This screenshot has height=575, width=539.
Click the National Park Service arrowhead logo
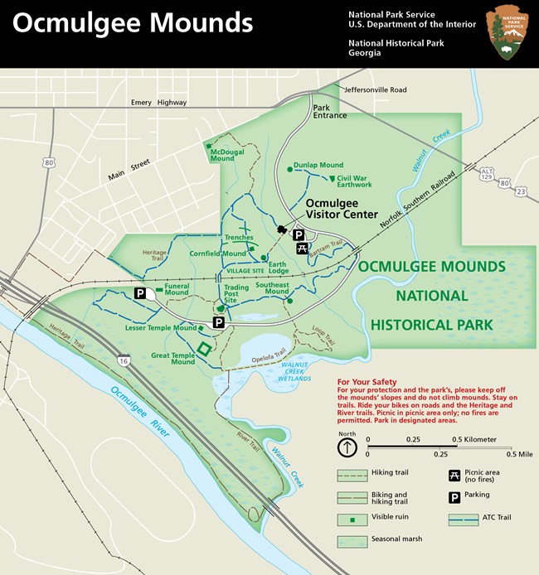(x=507, y=33)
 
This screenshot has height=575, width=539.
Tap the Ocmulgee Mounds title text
(x=133, y=22)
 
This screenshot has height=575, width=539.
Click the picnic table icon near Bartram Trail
(x=303, y=248)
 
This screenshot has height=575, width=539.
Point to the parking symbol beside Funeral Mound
(x=140, y=292)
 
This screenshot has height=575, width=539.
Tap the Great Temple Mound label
(x=172, y=357)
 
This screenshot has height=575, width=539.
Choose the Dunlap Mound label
(x=319, y=165)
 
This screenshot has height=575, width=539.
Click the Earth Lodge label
(x=279, y=267)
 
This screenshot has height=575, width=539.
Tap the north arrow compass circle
(x=347, y=448)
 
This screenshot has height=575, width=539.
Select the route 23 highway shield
(x=520, y=191)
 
